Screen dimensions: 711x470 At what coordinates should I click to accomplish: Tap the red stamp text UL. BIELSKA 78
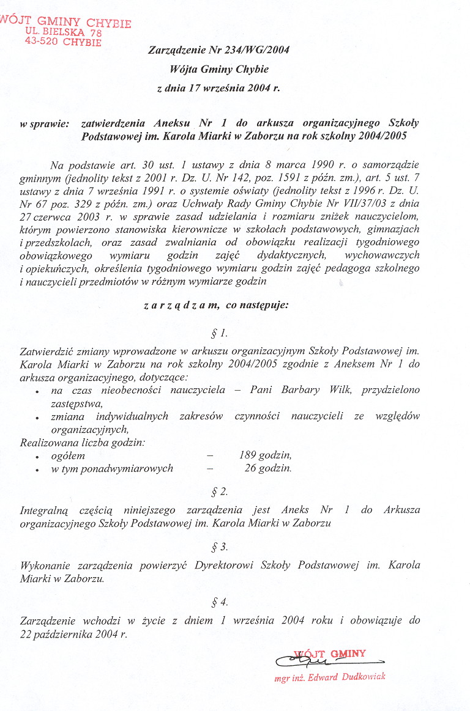pos(64,32)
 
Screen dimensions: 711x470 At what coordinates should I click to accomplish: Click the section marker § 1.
pos(219,333)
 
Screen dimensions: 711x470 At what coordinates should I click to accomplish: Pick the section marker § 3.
pos(219,547)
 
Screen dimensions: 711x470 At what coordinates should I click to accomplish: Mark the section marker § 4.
pos(219,602)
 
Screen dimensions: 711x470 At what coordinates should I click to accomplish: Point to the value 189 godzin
pos(265,455)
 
